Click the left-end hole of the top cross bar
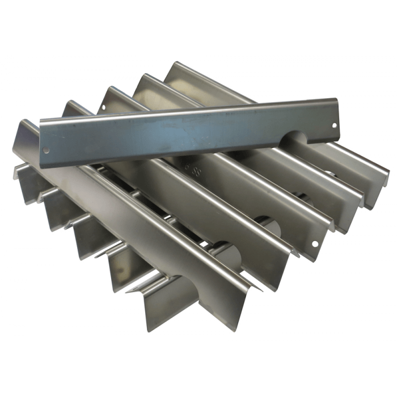(x=47, y=151)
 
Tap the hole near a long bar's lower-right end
(x=315, y=244)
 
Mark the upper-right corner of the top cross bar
(x=337, y=99)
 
